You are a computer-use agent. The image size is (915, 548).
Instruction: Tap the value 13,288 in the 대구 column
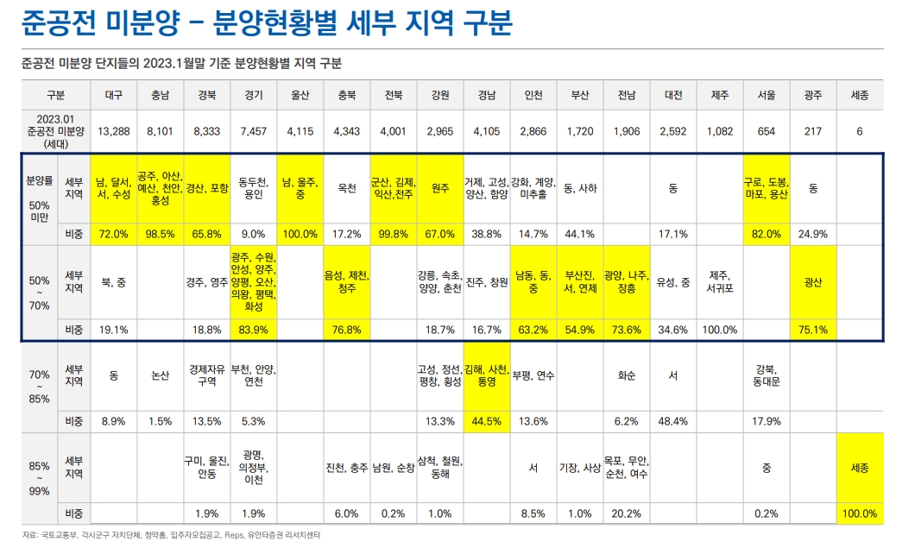click(114, 131)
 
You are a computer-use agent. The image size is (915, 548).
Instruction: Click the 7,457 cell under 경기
click(254, 131)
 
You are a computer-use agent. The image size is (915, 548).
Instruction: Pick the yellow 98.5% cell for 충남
click(161, 234)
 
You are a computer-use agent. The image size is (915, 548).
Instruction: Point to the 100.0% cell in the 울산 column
click(300, 234)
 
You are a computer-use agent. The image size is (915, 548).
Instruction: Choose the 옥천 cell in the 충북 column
click(346, 187)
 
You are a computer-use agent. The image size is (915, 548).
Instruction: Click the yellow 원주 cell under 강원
click(439, 187)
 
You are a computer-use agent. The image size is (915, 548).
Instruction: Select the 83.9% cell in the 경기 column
click(254, 330)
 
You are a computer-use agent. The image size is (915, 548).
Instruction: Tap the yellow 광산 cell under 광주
click(812, 282)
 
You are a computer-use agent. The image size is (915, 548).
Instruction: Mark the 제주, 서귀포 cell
click(719, 282)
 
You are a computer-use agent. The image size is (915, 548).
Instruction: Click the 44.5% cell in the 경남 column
click(486, 421)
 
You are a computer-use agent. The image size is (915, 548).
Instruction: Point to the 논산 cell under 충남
click(161, 376)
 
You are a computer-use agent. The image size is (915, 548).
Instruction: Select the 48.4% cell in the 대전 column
click(672, 421)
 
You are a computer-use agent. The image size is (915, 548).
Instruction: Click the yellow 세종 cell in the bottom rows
click(859, 468)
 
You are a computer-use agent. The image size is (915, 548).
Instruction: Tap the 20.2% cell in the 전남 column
click(626, 513)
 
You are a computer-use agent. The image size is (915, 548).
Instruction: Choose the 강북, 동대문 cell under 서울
click(766, 376)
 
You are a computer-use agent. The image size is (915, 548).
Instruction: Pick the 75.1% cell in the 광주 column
click(812, 330)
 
